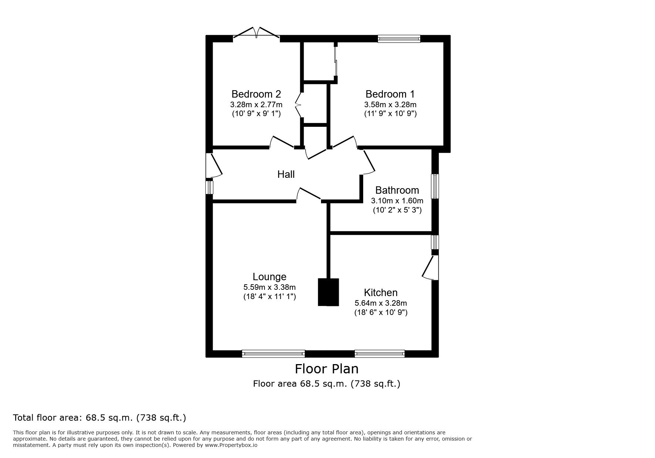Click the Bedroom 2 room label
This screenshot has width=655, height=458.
click(256, 94)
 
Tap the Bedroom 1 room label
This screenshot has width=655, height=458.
click(390, 94)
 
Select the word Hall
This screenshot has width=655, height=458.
click(286, 174)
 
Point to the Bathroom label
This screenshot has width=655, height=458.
click(397, 190)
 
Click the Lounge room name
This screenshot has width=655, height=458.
click(270, 277)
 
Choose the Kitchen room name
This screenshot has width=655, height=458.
click(381, 292)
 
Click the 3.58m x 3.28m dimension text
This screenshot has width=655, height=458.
click(390, 105)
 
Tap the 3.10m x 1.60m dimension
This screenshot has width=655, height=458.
click(397, 201)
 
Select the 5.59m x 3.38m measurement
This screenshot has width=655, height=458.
click(270, 287)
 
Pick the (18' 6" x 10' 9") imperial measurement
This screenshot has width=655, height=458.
click(381, 312)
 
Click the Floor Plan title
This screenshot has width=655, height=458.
click(327, 369)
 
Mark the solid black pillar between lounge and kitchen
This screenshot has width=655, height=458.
click(328, 292)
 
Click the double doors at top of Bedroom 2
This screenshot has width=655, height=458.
click(256, 33)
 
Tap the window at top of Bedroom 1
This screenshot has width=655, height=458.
click(399, 38)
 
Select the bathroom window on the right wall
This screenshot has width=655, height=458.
click(435, 186)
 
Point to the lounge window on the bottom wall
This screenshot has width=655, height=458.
click(273, 354)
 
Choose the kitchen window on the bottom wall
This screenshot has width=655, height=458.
click(379, 354)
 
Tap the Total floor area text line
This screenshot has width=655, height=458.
click(99, 418)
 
